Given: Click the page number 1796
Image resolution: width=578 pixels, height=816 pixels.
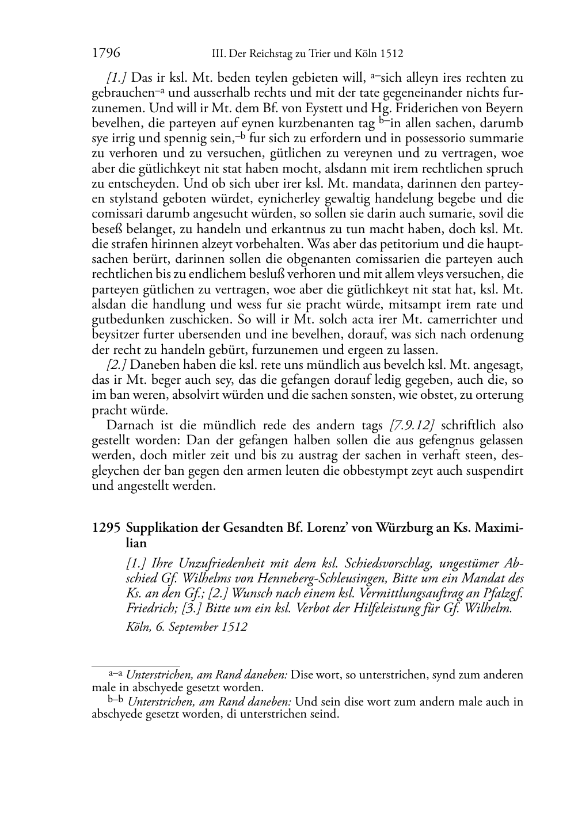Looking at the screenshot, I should (106, 54).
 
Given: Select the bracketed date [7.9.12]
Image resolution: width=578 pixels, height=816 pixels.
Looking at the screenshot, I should (412, 425).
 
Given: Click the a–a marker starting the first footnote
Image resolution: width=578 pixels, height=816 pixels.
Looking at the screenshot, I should (116, 673).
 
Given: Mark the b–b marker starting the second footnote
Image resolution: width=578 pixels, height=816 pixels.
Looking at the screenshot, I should (116, 700).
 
